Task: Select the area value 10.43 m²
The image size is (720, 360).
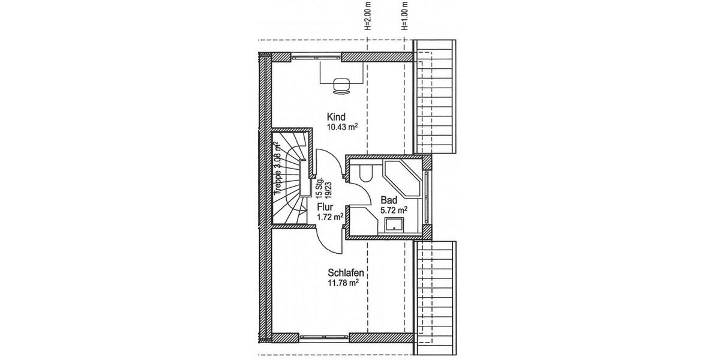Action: point(342,127)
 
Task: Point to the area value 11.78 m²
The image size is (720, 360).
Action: point(343,283)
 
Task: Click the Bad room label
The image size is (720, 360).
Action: point(389,200)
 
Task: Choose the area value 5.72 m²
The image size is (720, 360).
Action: point(394,211)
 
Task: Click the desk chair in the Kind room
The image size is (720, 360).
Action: point(341,85)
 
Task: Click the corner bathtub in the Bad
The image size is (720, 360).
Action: point(405,178)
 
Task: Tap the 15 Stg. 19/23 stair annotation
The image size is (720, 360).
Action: point(322,187)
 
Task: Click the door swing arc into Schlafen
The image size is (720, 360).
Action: point(329,240)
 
